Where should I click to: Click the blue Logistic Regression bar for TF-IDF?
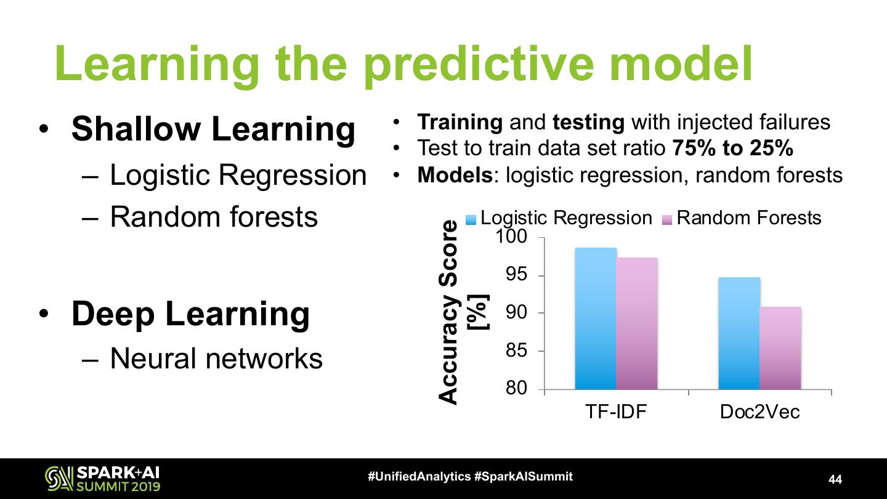(596, 318)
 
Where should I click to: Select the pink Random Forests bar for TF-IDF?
(637, 323)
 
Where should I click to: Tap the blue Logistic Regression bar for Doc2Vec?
(739, 333)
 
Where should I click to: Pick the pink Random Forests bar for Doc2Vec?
(780, 348)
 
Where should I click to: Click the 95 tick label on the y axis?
(517, 275)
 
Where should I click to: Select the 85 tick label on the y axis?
(517, 350)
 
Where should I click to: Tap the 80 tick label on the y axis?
(517, 387)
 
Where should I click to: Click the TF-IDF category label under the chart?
(616, 412)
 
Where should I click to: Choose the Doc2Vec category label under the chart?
(759, 412)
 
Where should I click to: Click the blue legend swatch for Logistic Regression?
(471, 220)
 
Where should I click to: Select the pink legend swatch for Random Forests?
(667, 220)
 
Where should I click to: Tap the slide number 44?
(835, 479)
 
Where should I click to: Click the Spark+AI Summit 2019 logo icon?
(59, 479)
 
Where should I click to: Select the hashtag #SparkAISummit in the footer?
(524, 476)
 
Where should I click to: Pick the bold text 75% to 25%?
(732, 148)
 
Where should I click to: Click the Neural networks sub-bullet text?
(216, 359)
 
